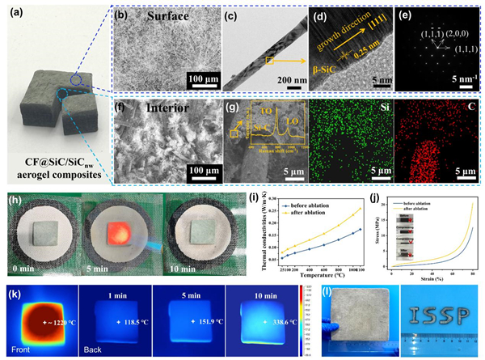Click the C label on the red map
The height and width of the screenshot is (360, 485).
467,129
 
